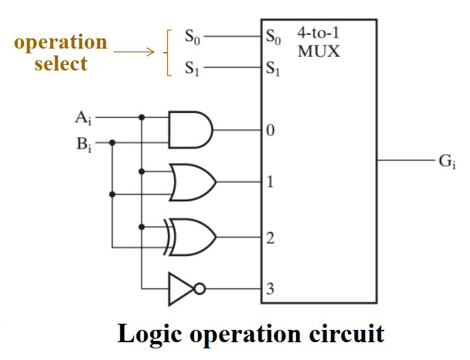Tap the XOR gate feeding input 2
194,236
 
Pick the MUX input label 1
270,183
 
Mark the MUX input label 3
270,289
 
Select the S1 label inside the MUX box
273,68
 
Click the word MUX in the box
319,51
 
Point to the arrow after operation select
134,51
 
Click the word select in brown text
60,64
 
